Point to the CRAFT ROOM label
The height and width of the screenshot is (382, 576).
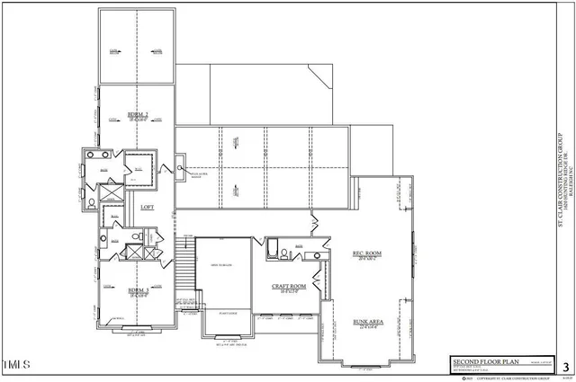(289, 286)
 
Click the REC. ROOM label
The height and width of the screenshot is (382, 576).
(366, 254)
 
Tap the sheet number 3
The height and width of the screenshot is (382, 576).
(564, 366)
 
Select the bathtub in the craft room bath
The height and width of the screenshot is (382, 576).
(273, 247)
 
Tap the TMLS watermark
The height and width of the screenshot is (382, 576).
(17, 365)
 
